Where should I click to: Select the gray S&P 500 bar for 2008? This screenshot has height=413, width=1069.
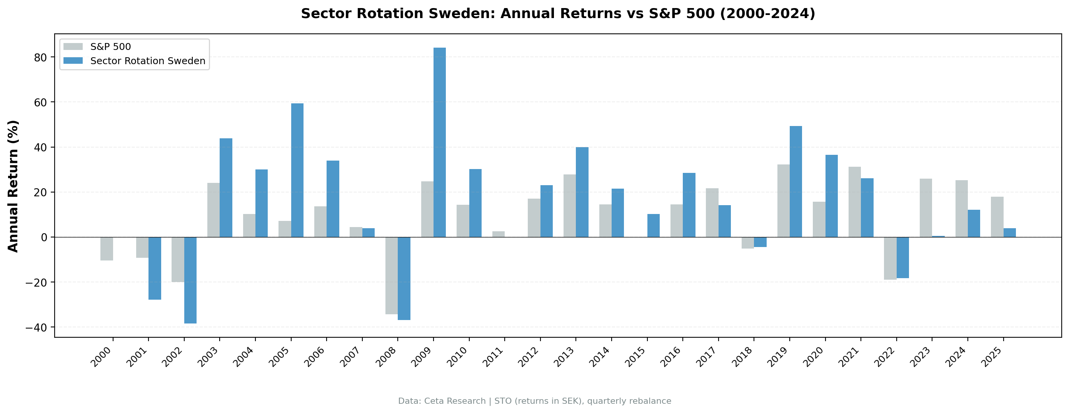[391, 275]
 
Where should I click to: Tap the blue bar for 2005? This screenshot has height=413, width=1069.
[297, 170]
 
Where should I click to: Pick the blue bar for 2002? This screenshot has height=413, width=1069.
[190, 280]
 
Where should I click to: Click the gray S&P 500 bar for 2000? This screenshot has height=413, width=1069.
[107, 249]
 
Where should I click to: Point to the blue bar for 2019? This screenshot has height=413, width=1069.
[795, 181]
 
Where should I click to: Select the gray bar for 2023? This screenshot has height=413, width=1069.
[926, 208]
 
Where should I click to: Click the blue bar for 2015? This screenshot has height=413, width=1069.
[653, 225]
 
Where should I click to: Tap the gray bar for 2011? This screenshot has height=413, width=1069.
[499, 234]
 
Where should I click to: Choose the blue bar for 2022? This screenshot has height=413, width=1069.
[902, 257]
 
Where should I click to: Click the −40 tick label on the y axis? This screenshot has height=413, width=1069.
[36, 327]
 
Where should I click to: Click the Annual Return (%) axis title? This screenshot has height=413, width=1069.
[13, 186]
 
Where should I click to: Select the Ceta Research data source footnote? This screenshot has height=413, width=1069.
[535, 401]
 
